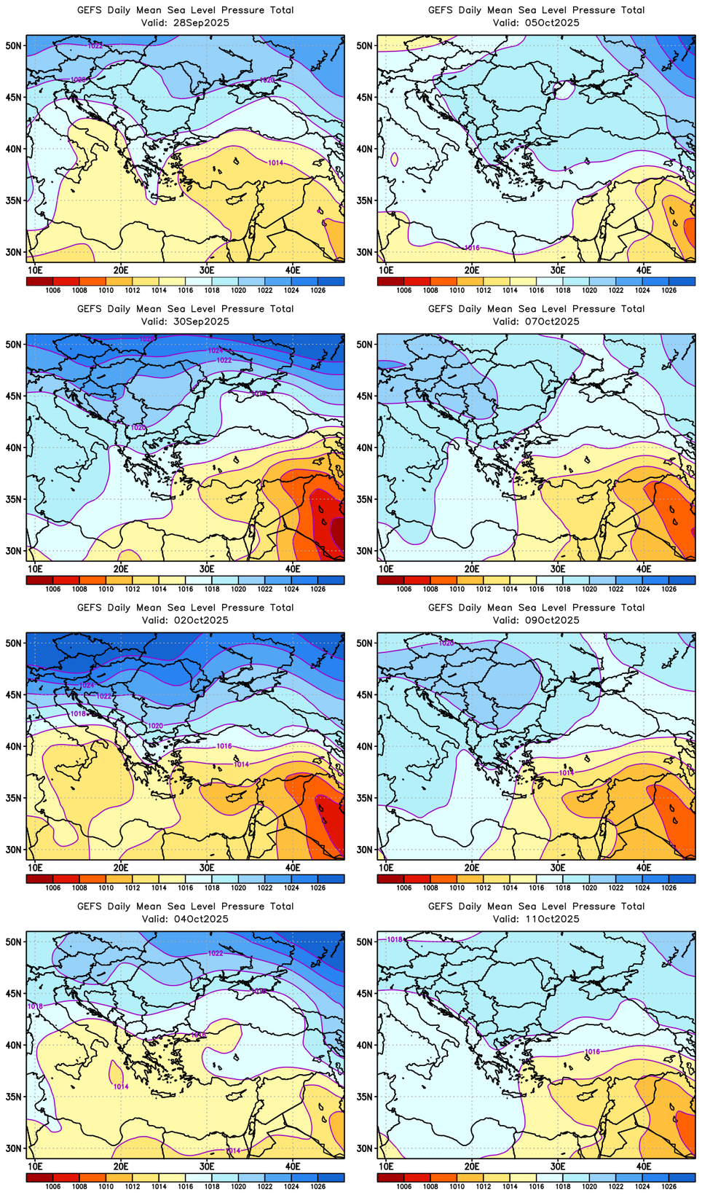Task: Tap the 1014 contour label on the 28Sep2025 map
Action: coord(275,162)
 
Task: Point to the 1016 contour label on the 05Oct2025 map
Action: coord(472,248)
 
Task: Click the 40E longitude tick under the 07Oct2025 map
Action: coord(644,568)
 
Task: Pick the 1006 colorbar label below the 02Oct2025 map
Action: coord(52,888)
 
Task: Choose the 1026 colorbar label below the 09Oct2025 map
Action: coord(669,888)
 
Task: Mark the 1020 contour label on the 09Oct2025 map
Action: coord(446,643)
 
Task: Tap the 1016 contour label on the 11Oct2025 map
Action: coord(592,1051)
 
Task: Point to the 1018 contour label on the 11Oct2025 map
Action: coord(394,940)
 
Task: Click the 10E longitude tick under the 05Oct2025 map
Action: coord(386,270)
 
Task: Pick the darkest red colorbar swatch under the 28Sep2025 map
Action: coord(39,281)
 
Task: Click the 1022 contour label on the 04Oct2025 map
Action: coord(216,953)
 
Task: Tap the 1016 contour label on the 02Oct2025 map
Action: coord(224,746)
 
